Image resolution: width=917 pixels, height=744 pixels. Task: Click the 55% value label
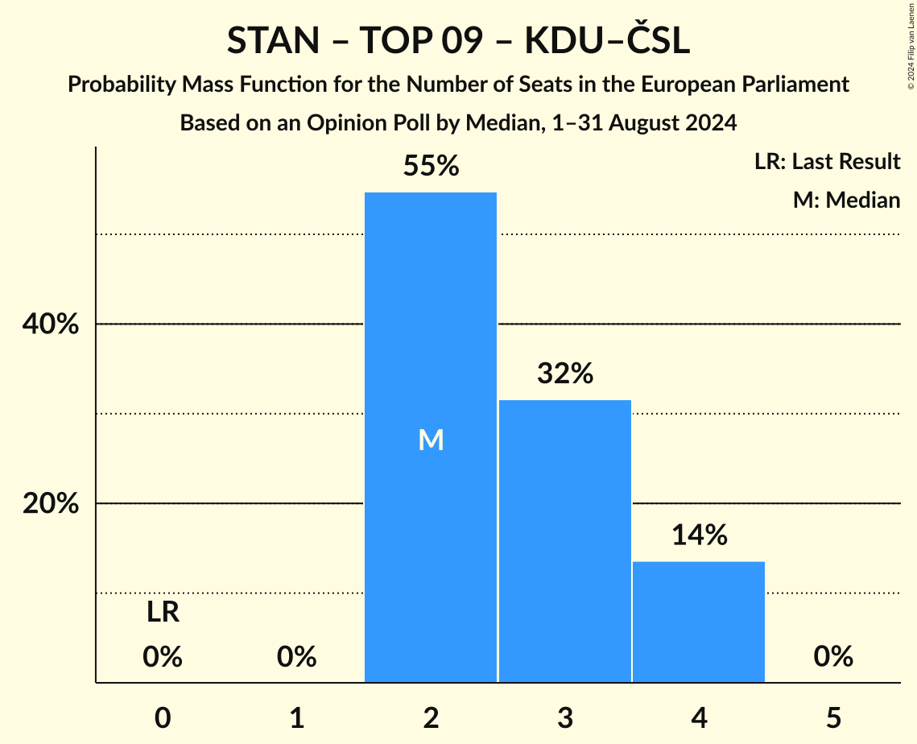[x=431, y=166]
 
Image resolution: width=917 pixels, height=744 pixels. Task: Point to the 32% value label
[x=564, y=374]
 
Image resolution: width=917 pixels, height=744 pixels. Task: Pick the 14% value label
[x=699, y=535]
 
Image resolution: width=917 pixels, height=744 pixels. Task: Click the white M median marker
[x=431, y=440]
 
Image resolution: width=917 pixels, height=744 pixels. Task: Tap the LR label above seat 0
[x=163, y=613]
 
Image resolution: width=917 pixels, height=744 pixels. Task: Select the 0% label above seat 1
[x=296, y=657]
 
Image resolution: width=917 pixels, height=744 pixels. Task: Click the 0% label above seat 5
[x=832, y=657]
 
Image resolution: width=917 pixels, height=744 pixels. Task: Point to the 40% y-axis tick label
[x=50, y=324]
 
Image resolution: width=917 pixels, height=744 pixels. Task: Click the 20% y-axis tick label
[x=50, y=504]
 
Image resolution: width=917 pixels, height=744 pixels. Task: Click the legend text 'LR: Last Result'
[x=827, y=162]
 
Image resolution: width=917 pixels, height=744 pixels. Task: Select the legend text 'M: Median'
[x=846, y=200]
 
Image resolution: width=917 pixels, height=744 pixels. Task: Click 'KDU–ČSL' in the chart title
[x=607, y=42]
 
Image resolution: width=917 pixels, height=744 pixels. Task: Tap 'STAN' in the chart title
[x=275, y=42]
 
